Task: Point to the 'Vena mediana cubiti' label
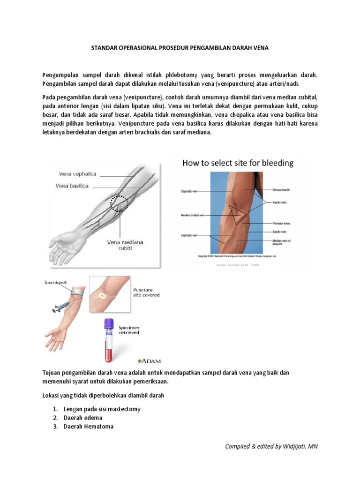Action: coord(125,245)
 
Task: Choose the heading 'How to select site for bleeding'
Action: coord(238,163)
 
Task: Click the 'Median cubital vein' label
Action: coord(192,216)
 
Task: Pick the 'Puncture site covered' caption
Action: coord(146,292)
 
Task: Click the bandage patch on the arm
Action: coord(100,296)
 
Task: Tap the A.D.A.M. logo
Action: coord(150,361)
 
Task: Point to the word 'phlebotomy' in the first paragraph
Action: coord(180,75)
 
